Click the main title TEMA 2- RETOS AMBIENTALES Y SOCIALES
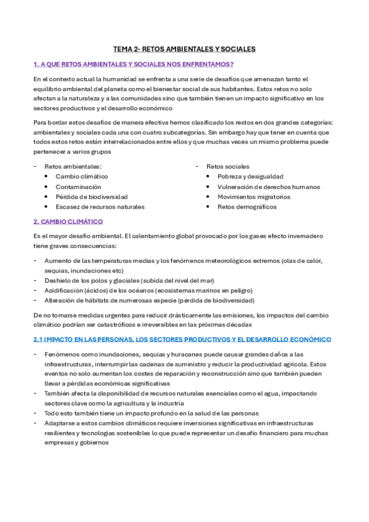[184, 49]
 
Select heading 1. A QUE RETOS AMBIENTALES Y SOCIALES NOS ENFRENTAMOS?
[133, 64]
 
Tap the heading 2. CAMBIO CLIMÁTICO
[68, 222]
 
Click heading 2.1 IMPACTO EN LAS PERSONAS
[182, 339]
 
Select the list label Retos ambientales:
[73, 166]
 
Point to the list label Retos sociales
[227, 166]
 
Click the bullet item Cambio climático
[81, 177]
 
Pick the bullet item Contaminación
[78, 187]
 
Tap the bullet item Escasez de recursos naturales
[100, 207]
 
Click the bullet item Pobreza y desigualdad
[250, 177]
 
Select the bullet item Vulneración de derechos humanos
[269, 187]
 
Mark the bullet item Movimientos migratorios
[254, 197]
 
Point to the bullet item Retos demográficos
[247, 207]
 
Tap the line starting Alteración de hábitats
[149, 300]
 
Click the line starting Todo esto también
[151, 413]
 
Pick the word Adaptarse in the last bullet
[59, 424]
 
